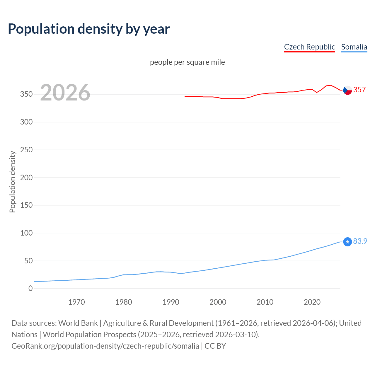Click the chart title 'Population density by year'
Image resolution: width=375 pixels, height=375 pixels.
point(89,29)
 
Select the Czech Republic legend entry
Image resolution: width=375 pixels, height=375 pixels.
point(309,47)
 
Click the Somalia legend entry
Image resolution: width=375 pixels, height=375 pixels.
point(354,47)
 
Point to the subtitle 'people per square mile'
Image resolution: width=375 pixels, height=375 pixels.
point(187,62)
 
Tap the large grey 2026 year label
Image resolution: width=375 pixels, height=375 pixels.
point(65,93)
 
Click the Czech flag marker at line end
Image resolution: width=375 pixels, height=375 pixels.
point(347,90)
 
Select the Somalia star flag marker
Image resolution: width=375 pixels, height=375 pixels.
point(347,242)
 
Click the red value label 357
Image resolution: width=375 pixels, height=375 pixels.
point(359,90)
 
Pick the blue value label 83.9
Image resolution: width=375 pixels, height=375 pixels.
point(360,241)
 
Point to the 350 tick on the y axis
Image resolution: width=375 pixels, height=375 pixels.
point(26,94)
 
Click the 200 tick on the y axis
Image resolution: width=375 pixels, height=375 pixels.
point(26,178)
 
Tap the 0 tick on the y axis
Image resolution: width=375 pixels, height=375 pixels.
point(30,289)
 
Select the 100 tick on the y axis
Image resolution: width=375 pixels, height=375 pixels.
point(26,233)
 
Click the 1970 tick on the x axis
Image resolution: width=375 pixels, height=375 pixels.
point(76,302)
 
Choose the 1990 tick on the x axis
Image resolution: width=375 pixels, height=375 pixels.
point(171,302)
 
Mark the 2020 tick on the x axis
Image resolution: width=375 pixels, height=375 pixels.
point(312,302)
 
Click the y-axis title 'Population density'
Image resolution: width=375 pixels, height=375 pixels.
point(12,182)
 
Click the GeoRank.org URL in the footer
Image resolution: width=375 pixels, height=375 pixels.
point(105,346)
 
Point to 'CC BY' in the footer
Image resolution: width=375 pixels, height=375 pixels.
point(215,346)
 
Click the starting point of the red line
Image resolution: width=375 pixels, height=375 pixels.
point(185,96)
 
